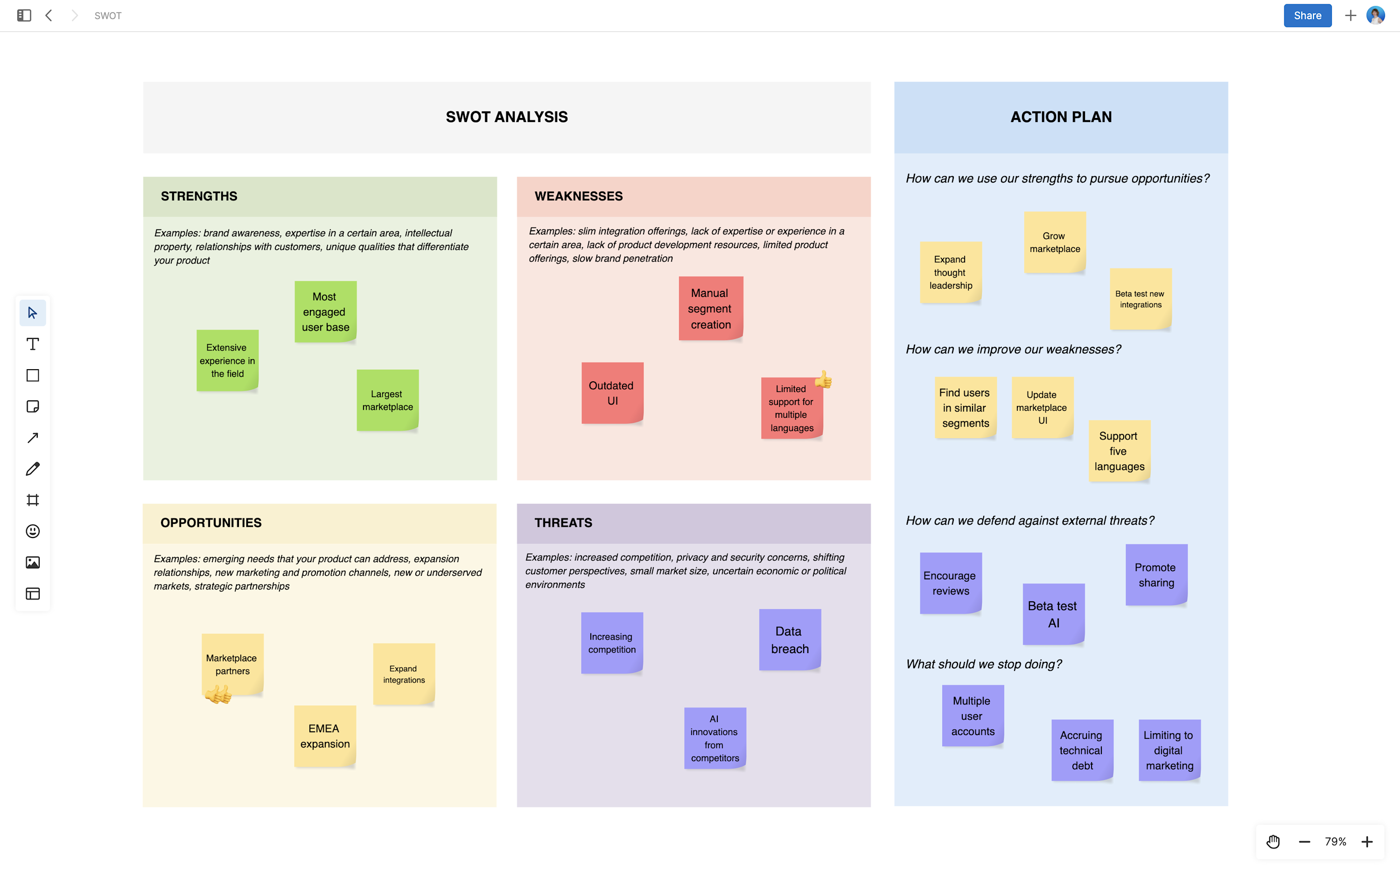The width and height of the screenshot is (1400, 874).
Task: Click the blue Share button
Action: tap(1307, 15)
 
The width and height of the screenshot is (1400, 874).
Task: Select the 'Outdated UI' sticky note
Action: tap(612, 393)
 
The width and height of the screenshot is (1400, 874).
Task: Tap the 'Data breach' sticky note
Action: tap(790, 640)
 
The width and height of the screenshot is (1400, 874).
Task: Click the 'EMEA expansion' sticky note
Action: tap(324, 736)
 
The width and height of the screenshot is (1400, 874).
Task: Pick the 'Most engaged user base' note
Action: tap(325, 311)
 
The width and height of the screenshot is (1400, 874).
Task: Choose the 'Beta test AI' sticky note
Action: tap(1053, 614)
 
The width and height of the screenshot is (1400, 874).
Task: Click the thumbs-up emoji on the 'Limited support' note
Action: tap(823, 380)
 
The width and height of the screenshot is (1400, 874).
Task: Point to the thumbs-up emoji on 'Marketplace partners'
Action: tap(218, 694)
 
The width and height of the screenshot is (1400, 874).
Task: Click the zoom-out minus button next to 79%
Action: tap(1304, 842)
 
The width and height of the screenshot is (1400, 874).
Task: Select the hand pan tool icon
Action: tap(1273, 842)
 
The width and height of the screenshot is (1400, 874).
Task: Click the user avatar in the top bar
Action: tap(1375, 15)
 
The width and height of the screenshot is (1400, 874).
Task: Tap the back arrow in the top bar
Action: tap(49, 15)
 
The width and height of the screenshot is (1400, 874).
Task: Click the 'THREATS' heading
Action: tap(563, 523)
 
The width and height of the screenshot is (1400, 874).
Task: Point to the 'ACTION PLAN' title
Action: tap(1060, 117)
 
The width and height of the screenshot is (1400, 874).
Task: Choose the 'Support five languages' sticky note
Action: tap(1119, 451)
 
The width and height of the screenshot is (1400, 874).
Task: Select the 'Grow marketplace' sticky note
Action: tap(1054, 242)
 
